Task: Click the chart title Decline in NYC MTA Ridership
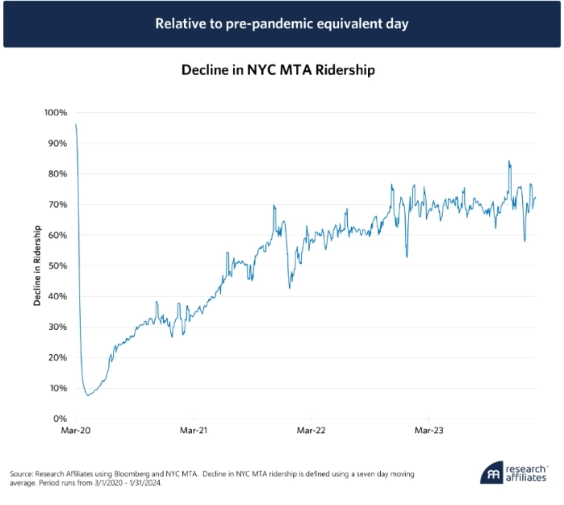278,70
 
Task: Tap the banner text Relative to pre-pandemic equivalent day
282,23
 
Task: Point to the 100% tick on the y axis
54,112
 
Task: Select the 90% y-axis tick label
56,143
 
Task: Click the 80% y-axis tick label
56,173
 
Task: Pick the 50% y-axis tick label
56,265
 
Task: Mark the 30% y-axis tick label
56,327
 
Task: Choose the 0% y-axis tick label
59,419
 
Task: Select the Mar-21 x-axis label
193,432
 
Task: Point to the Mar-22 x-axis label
311,432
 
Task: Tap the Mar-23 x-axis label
428,432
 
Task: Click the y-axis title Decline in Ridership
37,265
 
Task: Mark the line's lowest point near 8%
87,395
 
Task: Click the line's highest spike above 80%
509,161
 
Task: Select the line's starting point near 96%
76,124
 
